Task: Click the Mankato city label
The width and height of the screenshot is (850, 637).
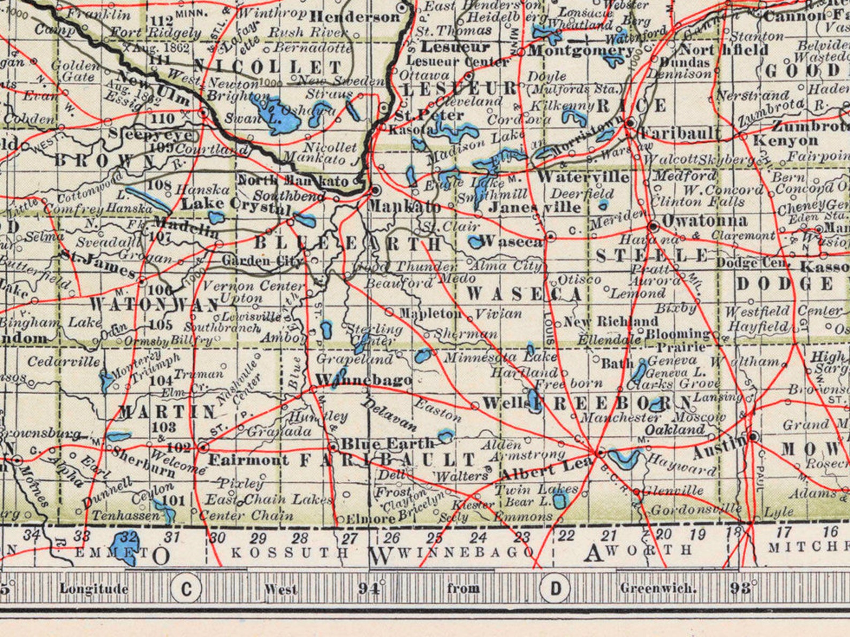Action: click(405, 206)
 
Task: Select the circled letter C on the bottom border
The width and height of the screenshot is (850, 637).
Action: click(186, 588)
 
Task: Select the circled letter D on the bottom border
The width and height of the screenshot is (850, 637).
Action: click(556, 588)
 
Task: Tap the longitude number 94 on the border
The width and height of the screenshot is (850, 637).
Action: click(368, 588)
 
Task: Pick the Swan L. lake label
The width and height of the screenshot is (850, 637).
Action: click(253, 119)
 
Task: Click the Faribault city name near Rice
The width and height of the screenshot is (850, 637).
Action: click(680, 133)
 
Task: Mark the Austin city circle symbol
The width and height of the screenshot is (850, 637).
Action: click(753, 436)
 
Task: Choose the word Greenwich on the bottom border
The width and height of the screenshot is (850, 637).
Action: click(658, 588)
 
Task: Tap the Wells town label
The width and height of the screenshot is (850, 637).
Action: click(503, 403)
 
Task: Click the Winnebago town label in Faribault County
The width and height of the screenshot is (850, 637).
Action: click(363, 380)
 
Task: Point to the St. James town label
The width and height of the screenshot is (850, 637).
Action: click(98, 262)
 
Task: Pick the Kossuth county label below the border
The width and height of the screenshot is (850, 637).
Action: click(290, 552)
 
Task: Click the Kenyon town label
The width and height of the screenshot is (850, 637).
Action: click(785, 141)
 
